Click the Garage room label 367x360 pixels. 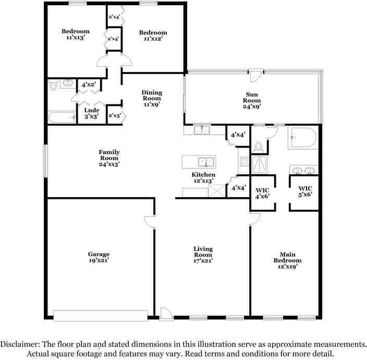pos(98,258)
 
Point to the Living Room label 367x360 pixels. pos(203,253)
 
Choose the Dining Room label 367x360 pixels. pos(151,98)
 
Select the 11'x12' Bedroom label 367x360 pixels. pos(153,36)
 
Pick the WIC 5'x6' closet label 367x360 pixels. pos(305,191)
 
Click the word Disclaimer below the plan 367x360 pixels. pos(19,344)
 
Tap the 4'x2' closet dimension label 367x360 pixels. pos(87,84)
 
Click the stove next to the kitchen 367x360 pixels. pos(244,161)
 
